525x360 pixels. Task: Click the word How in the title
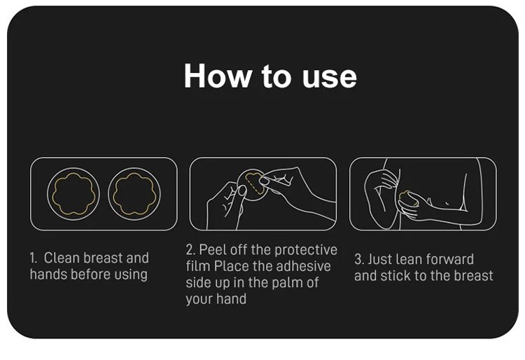click(x=218, y=76)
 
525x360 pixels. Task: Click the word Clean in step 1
click(x=62, y=258)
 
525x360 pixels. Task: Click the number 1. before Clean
click(x=33, y=258)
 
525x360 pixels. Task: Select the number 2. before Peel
click(x=190, y=250)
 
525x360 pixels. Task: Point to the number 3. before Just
click(x=359, y=260)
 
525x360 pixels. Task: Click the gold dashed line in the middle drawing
click(x=253, y=185)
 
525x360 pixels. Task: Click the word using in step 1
click(x=131, y=275)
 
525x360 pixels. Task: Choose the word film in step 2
click(x=198, y=267)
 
